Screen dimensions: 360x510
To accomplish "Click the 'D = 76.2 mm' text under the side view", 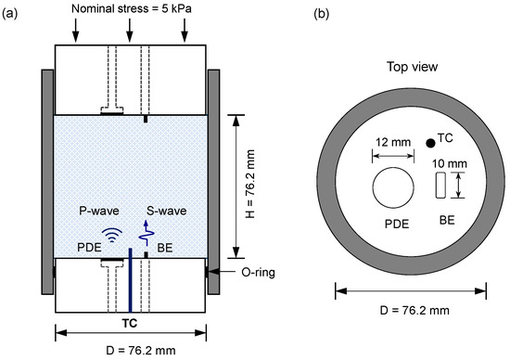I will (130, 351).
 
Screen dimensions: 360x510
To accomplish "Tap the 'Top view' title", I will (409, 67).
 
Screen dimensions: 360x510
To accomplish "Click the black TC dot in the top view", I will (428, 143).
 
